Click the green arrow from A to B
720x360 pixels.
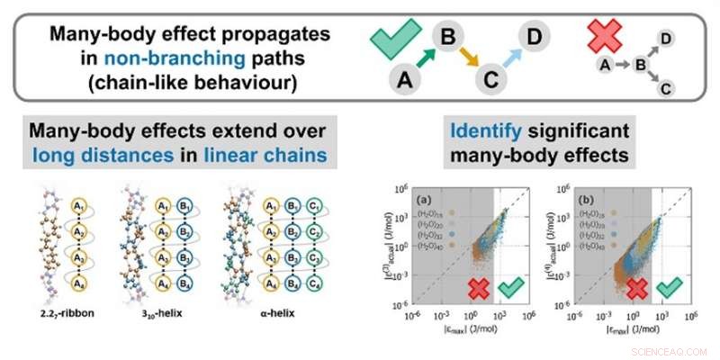point(425,58)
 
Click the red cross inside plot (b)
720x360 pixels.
point(638,289)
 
